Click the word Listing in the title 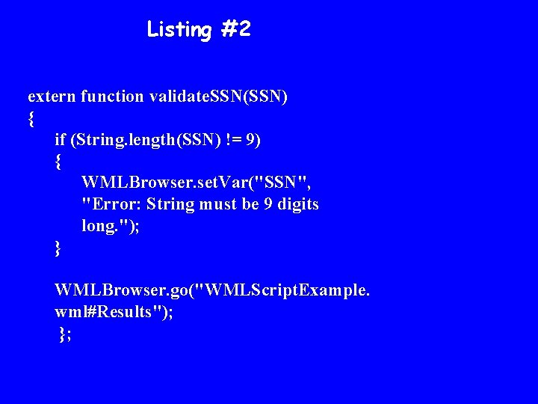point(179,30)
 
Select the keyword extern point(52,97)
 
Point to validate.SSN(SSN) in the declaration point(218,97)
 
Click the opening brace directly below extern point(31,118)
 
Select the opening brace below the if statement point(58,162)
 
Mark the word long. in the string point(102,226)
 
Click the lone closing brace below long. point(58,248)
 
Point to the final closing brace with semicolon point(64,334)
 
